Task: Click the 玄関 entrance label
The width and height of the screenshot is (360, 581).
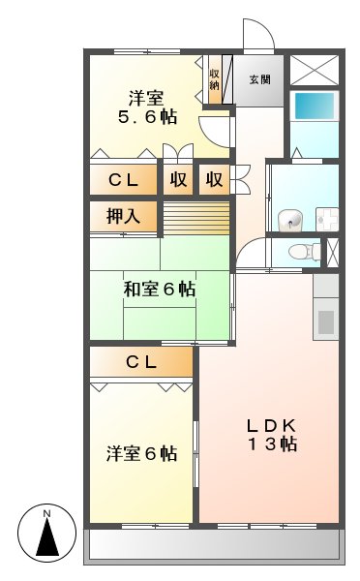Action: click(x=259, y=80)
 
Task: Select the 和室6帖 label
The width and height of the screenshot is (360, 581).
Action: click(x=160, y=289)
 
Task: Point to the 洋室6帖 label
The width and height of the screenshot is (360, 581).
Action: click(x=141, y=452)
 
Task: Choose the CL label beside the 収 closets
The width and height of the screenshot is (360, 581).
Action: click(x=123, y=179)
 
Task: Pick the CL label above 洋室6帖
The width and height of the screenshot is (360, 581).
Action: click(x=142, y=362)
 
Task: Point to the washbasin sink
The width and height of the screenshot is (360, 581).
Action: click(x=289, y=219)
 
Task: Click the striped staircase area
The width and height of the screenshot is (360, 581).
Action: click(x=195, y=217)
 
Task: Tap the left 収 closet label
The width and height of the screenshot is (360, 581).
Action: click(x=179, y=179)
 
